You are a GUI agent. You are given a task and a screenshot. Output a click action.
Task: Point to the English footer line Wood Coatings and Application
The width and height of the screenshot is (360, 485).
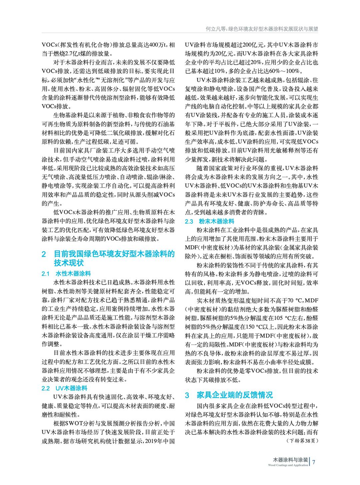[x=288, y=465]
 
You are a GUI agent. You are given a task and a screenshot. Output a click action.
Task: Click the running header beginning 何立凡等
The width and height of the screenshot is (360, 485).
[x=262, y=29]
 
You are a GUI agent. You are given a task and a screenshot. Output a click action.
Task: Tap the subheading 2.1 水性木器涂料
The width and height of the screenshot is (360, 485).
[x=66, y=274]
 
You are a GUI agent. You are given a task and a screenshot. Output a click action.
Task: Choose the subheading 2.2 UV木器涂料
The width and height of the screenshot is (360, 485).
[x=64, y=388]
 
